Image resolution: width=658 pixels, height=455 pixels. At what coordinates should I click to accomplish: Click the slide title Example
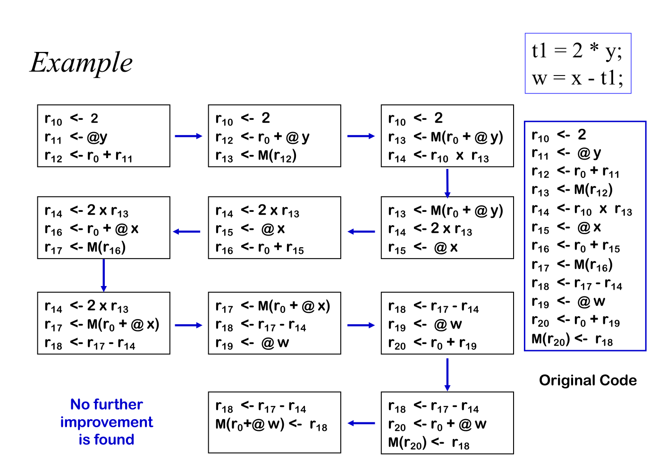(x=82, y=62)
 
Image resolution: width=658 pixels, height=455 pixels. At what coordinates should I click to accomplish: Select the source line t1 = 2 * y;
(x=577, y=51)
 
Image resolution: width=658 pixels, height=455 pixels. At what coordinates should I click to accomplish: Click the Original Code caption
(x=588, y=380)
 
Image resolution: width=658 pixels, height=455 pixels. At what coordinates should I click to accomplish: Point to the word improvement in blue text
(x=106, y=422)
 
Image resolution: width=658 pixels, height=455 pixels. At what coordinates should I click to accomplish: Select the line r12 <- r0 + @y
(x=262, y=137)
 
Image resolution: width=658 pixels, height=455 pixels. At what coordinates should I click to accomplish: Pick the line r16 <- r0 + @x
(x=92, y=229)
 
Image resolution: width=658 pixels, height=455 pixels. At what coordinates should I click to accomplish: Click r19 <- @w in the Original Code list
(x=568, y=302)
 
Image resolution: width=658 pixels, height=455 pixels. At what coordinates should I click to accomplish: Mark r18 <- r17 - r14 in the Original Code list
(x=577, y=284)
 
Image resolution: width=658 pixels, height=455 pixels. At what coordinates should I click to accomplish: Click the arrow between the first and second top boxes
(x=188, y=136)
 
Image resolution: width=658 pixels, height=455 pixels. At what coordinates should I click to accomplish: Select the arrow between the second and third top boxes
(x=361, y=136)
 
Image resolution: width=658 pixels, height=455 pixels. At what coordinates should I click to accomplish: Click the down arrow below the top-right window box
(x=447, y=183)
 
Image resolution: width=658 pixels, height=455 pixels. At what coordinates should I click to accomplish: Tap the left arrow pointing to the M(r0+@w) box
(x=361, y=423)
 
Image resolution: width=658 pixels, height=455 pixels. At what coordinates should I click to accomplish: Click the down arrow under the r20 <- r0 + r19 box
(x=447, y=374)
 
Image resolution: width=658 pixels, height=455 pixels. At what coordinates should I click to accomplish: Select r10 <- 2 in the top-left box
(x=71, y=118)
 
